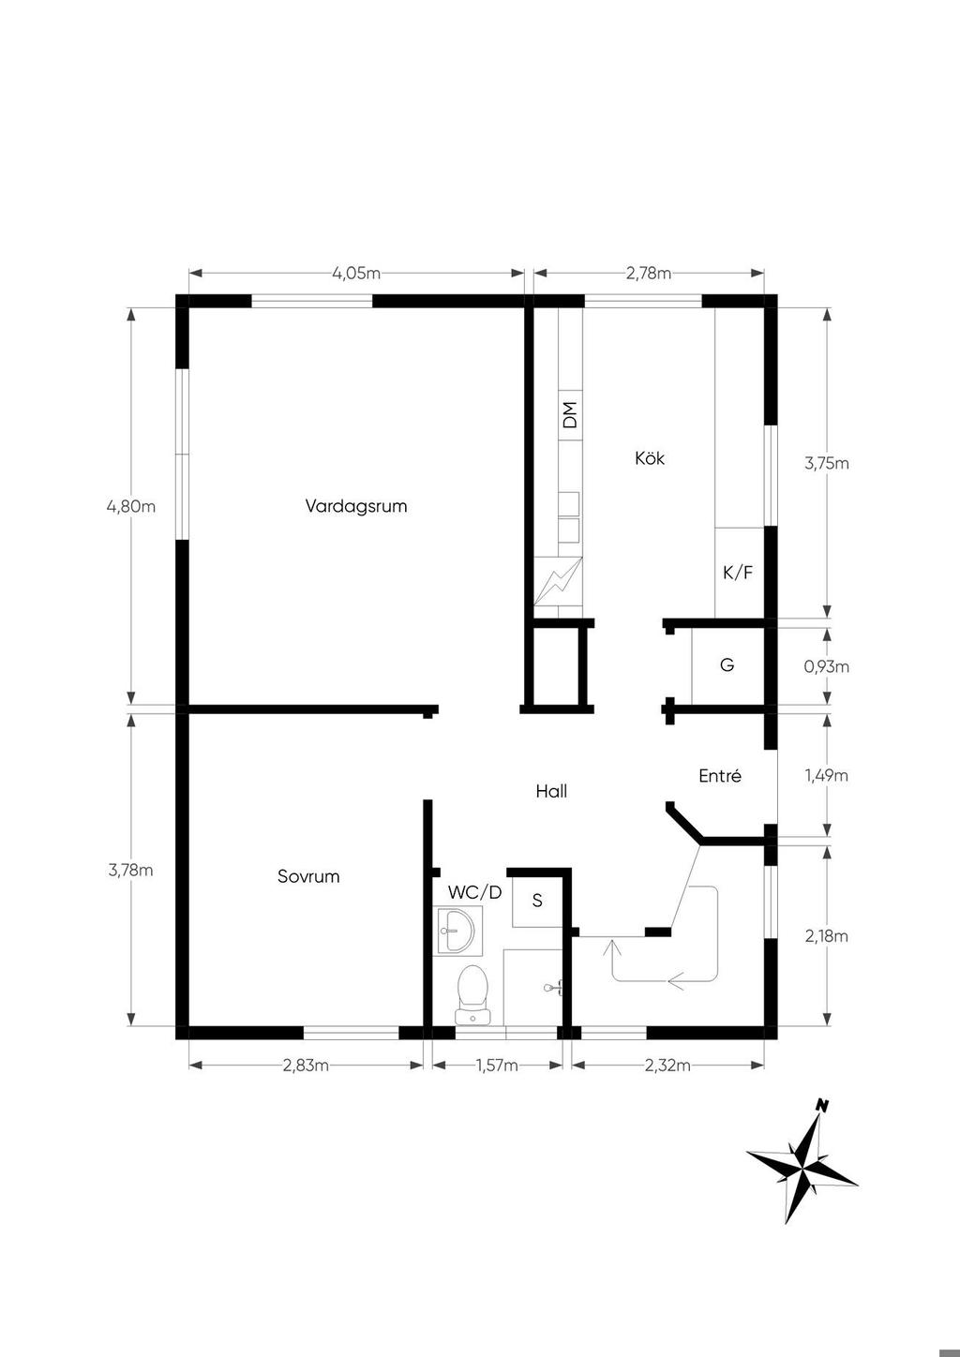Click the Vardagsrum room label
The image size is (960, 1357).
click(x=355, y=506)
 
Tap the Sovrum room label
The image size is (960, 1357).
click(x=308, y=876)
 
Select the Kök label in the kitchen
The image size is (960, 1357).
click(x=650, y=457)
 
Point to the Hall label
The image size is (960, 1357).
click(x=551, y=791)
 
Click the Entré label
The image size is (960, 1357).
click(x=720, y=775)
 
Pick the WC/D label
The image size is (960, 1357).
click(x=475, y=892)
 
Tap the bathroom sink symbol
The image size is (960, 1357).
click(x=457, y=932)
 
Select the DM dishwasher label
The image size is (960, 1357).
click(x=570, y=415)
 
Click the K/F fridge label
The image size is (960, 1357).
click(x=738, y=572)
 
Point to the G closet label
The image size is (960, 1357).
click(x=727, y=664)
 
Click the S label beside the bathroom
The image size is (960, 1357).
click(x=537, y=901)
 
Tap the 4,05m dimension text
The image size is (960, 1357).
click(x=356, y=274)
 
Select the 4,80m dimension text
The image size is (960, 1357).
click(x=131, y=506)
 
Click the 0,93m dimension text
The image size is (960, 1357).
click(x=826, y=666)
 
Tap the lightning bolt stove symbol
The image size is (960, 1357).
click(x=558, y=581)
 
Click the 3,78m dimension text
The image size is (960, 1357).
click(x=130, y=870)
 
